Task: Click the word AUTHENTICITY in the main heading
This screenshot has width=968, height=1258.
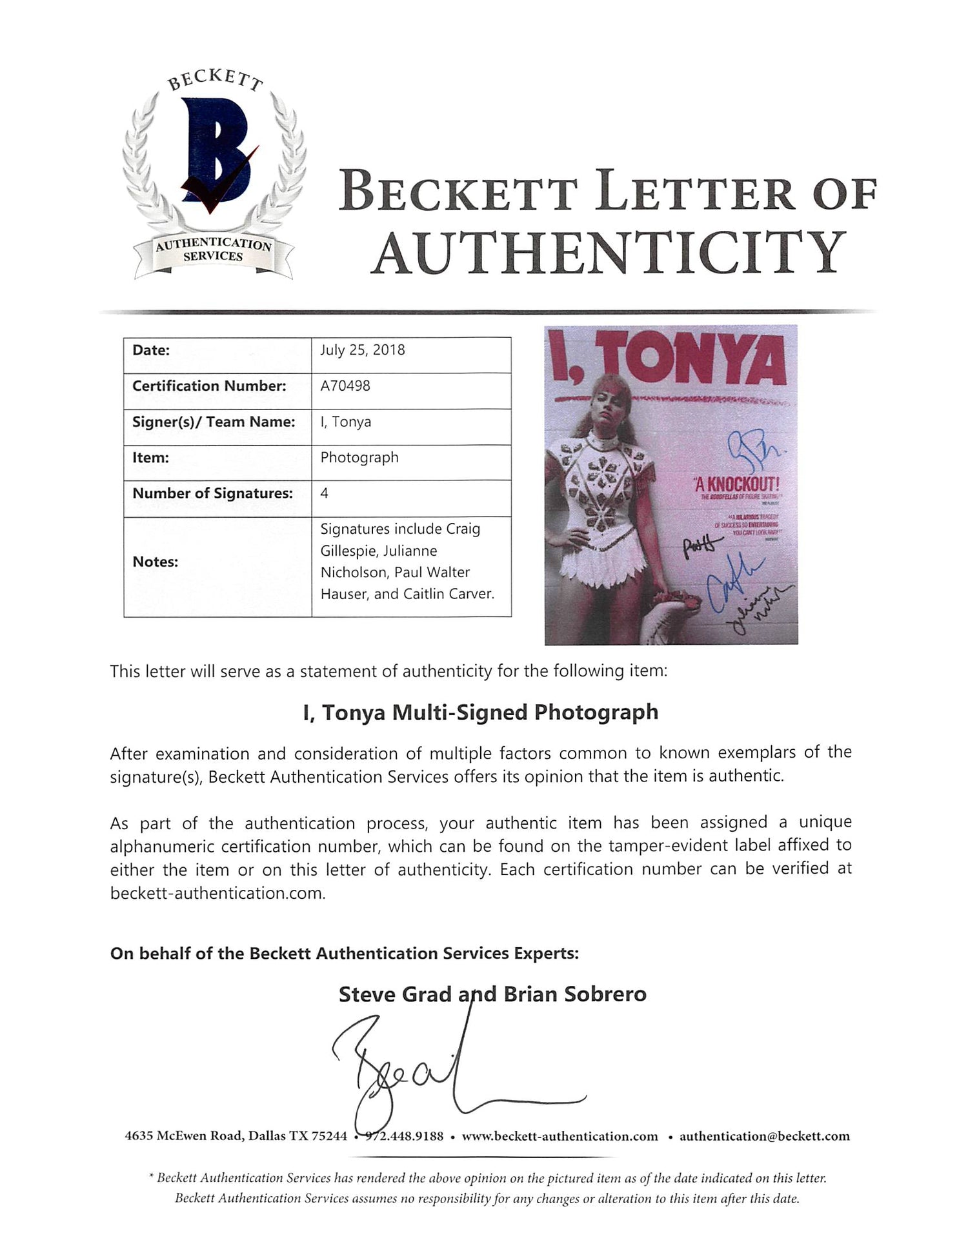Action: (609, 253)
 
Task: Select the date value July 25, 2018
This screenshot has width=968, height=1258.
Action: (363, 350)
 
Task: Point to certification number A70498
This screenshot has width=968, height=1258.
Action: (345, 386)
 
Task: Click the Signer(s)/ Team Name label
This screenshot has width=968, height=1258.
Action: (214, 422)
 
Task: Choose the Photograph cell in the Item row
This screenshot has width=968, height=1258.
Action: (359, 457)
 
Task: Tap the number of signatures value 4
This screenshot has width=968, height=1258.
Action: (324, 493)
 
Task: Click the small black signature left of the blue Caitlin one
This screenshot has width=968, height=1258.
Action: (695, 545)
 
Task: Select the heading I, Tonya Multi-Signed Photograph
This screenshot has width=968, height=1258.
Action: (481, 712)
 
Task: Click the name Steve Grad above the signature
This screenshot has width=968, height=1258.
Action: (395, 994)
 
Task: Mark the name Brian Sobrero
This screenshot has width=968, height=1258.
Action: (575, 994)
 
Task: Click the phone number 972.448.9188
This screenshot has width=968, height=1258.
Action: (405, 1136)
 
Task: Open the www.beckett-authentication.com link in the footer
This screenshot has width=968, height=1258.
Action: (560, 1136)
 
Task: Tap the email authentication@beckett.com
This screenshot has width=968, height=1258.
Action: (764, 1136)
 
